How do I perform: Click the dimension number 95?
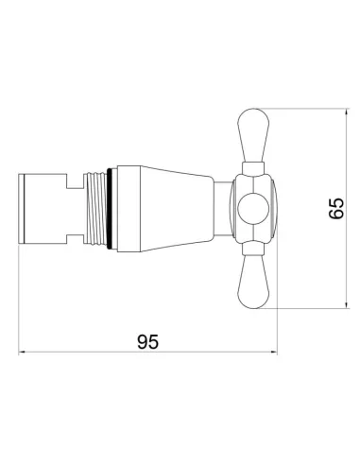tap(147, 342)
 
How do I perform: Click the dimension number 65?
tap(335, 208)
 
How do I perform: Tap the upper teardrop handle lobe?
tap(254, 135)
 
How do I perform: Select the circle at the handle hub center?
tap(253, 209)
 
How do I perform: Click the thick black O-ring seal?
tap(109, 209)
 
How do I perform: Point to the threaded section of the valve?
tap(95, 209)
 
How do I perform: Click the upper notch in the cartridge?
tap(75, 181)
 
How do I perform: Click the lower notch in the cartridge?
tap(75, 236)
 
